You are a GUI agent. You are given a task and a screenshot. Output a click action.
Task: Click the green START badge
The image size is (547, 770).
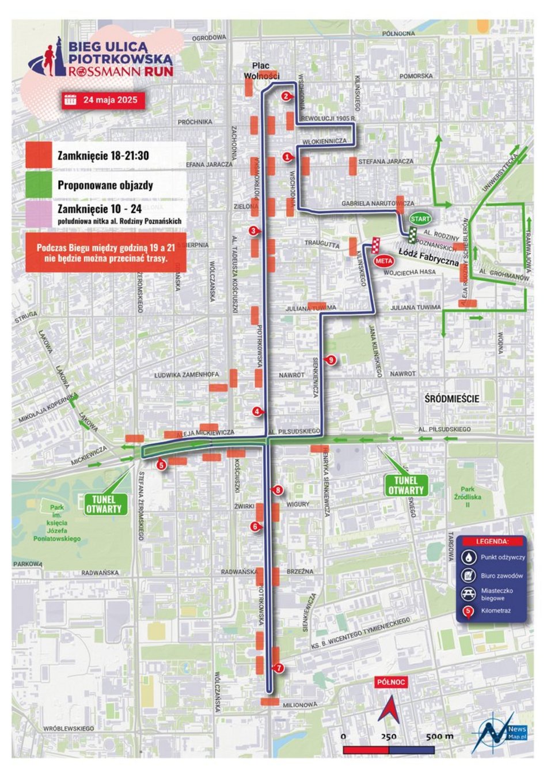tap(420, 219)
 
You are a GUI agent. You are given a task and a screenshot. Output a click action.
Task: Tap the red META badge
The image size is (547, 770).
tap(383, 261)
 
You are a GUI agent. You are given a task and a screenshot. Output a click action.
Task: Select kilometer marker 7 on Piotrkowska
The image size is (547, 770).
tap(279, 669)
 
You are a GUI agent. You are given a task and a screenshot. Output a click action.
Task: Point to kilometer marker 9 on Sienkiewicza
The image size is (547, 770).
tap(331, 360)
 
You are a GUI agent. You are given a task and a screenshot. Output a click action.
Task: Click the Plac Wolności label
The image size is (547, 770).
tap(261, 71)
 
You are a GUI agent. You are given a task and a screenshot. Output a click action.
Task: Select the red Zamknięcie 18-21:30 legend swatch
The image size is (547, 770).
tap(39, 156)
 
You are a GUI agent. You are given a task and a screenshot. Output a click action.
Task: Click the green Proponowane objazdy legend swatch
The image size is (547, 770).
tap(39, 185)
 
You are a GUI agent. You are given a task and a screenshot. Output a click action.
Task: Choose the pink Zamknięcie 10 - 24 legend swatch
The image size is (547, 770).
tap(39, 213)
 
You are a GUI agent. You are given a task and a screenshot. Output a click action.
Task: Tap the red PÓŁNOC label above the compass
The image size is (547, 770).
tap(391, 682)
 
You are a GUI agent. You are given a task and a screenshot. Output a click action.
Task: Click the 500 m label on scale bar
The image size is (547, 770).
tap(440, 737)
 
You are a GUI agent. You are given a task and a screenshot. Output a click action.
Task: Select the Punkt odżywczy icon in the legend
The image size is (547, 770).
tap(469, 557)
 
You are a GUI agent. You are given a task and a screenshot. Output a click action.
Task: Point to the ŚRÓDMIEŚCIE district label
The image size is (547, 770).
tap(451, 398)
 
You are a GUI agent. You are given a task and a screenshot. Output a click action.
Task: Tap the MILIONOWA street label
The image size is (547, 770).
tap(300, 705)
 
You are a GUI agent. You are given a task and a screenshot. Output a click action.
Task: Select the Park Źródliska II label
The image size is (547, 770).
tap(467, 497)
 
